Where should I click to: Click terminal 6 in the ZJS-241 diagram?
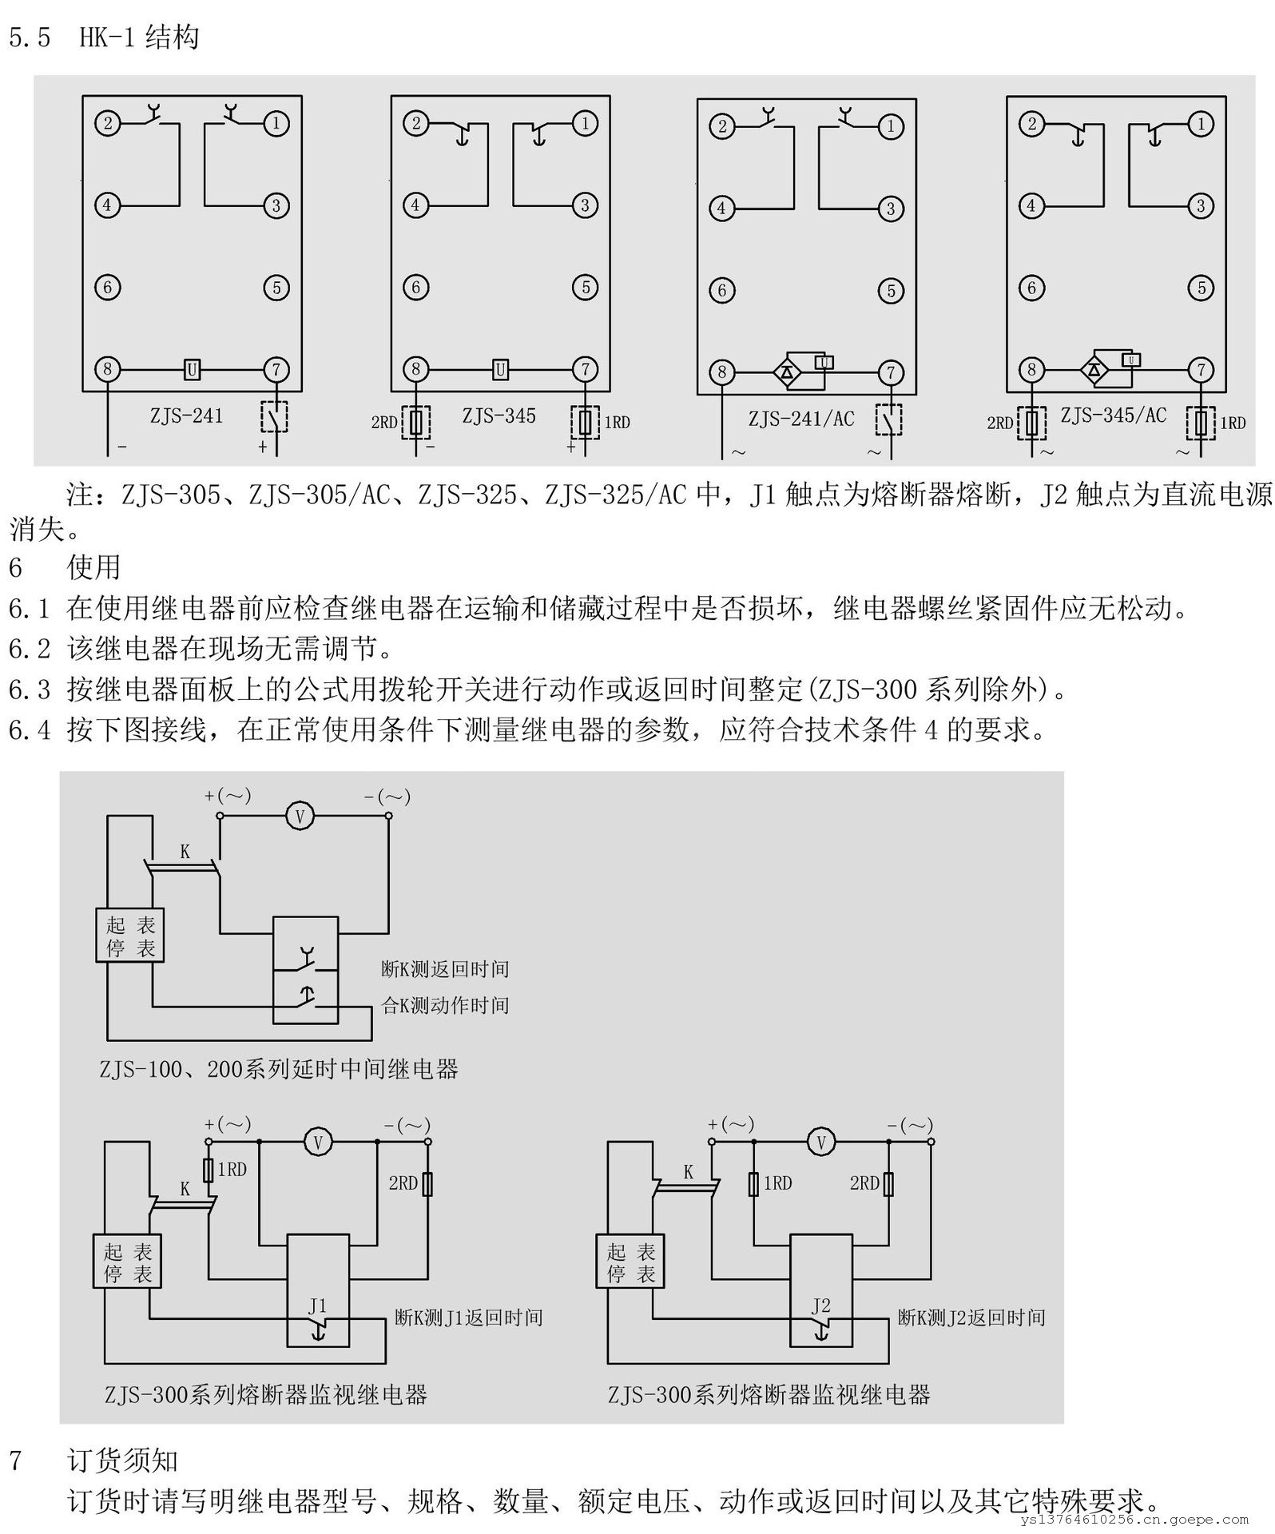(x=108, y=288)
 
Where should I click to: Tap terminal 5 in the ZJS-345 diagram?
(x=585, y=288)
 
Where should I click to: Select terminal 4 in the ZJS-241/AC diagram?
(x=722, y=209)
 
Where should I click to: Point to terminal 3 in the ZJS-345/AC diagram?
(x=1201, y=206)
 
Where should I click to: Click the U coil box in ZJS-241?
(x=192, y=370)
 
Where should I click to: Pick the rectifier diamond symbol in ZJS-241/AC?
(x=787, y=372)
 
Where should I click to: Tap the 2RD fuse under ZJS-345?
(x=415, y=423)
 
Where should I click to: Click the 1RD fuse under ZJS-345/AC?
(x=1201, y=422)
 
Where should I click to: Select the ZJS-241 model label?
(x=186, y=416)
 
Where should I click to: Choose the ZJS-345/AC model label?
(x=1113, y=415)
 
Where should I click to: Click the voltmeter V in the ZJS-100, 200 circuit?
(x=300, y=817)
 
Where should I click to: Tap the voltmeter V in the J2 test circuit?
(x=820, y=1142)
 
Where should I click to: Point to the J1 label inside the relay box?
(x=318, y=1305)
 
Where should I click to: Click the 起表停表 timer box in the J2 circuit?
(x=630, y=1263)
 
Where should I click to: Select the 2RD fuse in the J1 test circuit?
(x=427, y=1184)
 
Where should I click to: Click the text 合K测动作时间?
(x=445, y=1005)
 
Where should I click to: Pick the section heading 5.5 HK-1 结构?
(x=104, y=38)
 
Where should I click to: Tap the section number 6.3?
(x=29, y=690)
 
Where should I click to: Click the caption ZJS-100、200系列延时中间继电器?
(x=279, y=1069)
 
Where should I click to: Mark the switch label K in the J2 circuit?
(x=688, y=1172)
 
